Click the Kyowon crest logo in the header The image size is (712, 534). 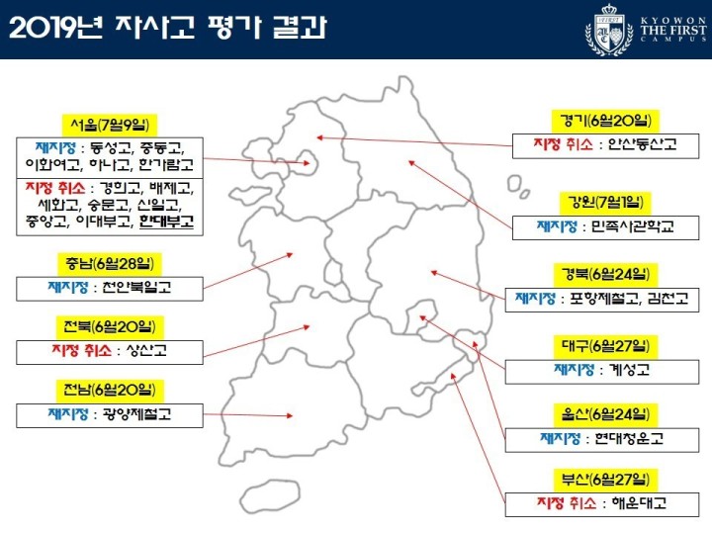tap(609, 30)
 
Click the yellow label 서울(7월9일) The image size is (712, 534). tap(110, 125)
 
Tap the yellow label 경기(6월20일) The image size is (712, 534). tap(605, 121)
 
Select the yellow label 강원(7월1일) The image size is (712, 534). tap(605, 202)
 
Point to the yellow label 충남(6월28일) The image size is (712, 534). tap(110, 264)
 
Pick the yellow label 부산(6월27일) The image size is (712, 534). tap(605, 480)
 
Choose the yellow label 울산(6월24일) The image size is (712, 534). tap(605, 414)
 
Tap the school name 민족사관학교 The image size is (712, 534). tap(632, 225)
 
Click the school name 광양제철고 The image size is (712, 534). tap(137, 414)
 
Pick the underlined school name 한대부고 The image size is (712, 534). tap(167, 222)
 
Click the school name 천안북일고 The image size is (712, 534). tap(137, 287)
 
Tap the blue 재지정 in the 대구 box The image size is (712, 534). tap(574, 369)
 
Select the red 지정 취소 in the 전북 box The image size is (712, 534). tap(82, 350)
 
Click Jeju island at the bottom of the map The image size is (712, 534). tap(270, 495)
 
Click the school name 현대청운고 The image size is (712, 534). tap(629, 438)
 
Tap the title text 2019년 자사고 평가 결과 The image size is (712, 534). tap(167, 28)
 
